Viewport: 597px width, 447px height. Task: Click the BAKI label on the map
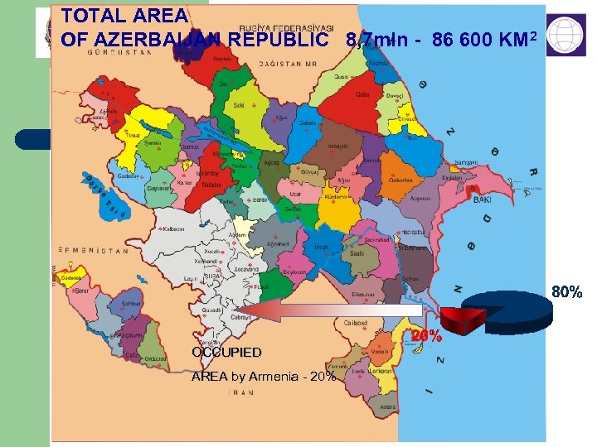click(x=483, y=199)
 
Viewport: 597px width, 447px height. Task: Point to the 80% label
click(x=566, y=291)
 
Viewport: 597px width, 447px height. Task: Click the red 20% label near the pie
click(x=427, y=337)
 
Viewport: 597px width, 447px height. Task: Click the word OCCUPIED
click(x=226, y=352)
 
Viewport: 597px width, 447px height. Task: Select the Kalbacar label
click(x=175, y=228)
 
